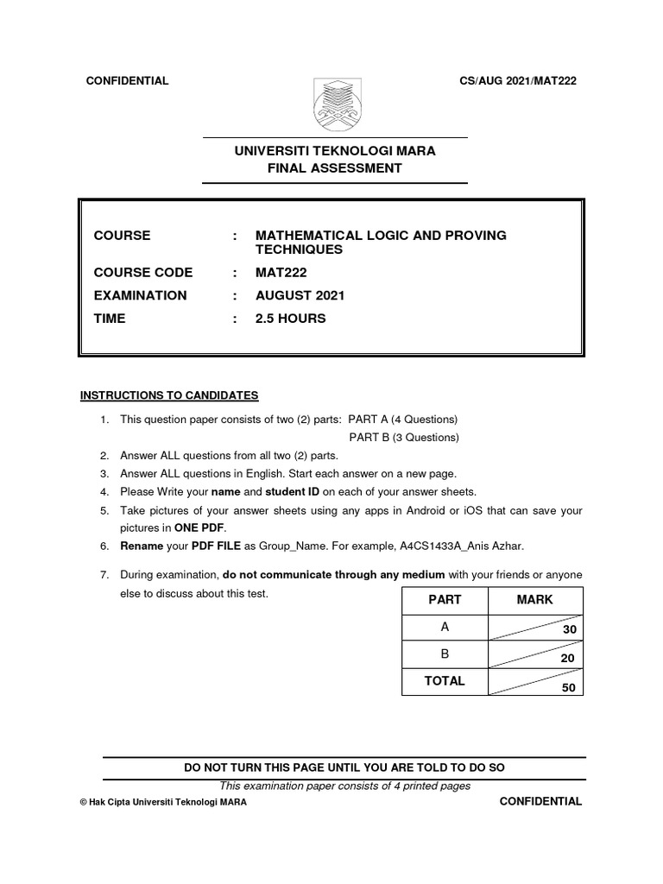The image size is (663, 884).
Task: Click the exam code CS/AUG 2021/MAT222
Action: click(519, 81)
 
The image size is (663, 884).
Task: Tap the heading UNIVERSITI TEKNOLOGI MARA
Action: click(335, 151)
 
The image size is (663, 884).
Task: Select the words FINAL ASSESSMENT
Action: click(335, 168)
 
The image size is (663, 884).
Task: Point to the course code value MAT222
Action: click(281, 273)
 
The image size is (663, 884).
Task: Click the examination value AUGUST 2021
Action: click(300, 295)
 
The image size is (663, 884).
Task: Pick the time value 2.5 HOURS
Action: click(291, 319)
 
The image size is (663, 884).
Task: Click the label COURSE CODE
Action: click(143, 273)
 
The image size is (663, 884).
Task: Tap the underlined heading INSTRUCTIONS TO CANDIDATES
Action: click(169, 396)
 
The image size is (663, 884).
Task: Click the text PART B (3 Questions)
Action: click(403, 438)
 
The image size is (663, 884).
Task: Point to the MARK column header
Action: click(534, 600)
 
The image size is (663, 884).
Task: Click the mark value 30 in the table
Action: click(569, 631)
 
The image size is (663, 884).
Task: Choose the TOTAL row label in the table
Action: click(445, 681)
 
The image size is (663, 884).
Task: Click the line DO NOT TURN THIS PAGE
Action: click(344, 767)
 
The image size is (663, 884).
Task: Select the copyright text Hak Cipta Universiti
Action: click(163, 802)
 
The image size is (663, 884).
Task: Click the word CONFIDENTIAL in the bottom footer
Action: click(541, 801)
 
